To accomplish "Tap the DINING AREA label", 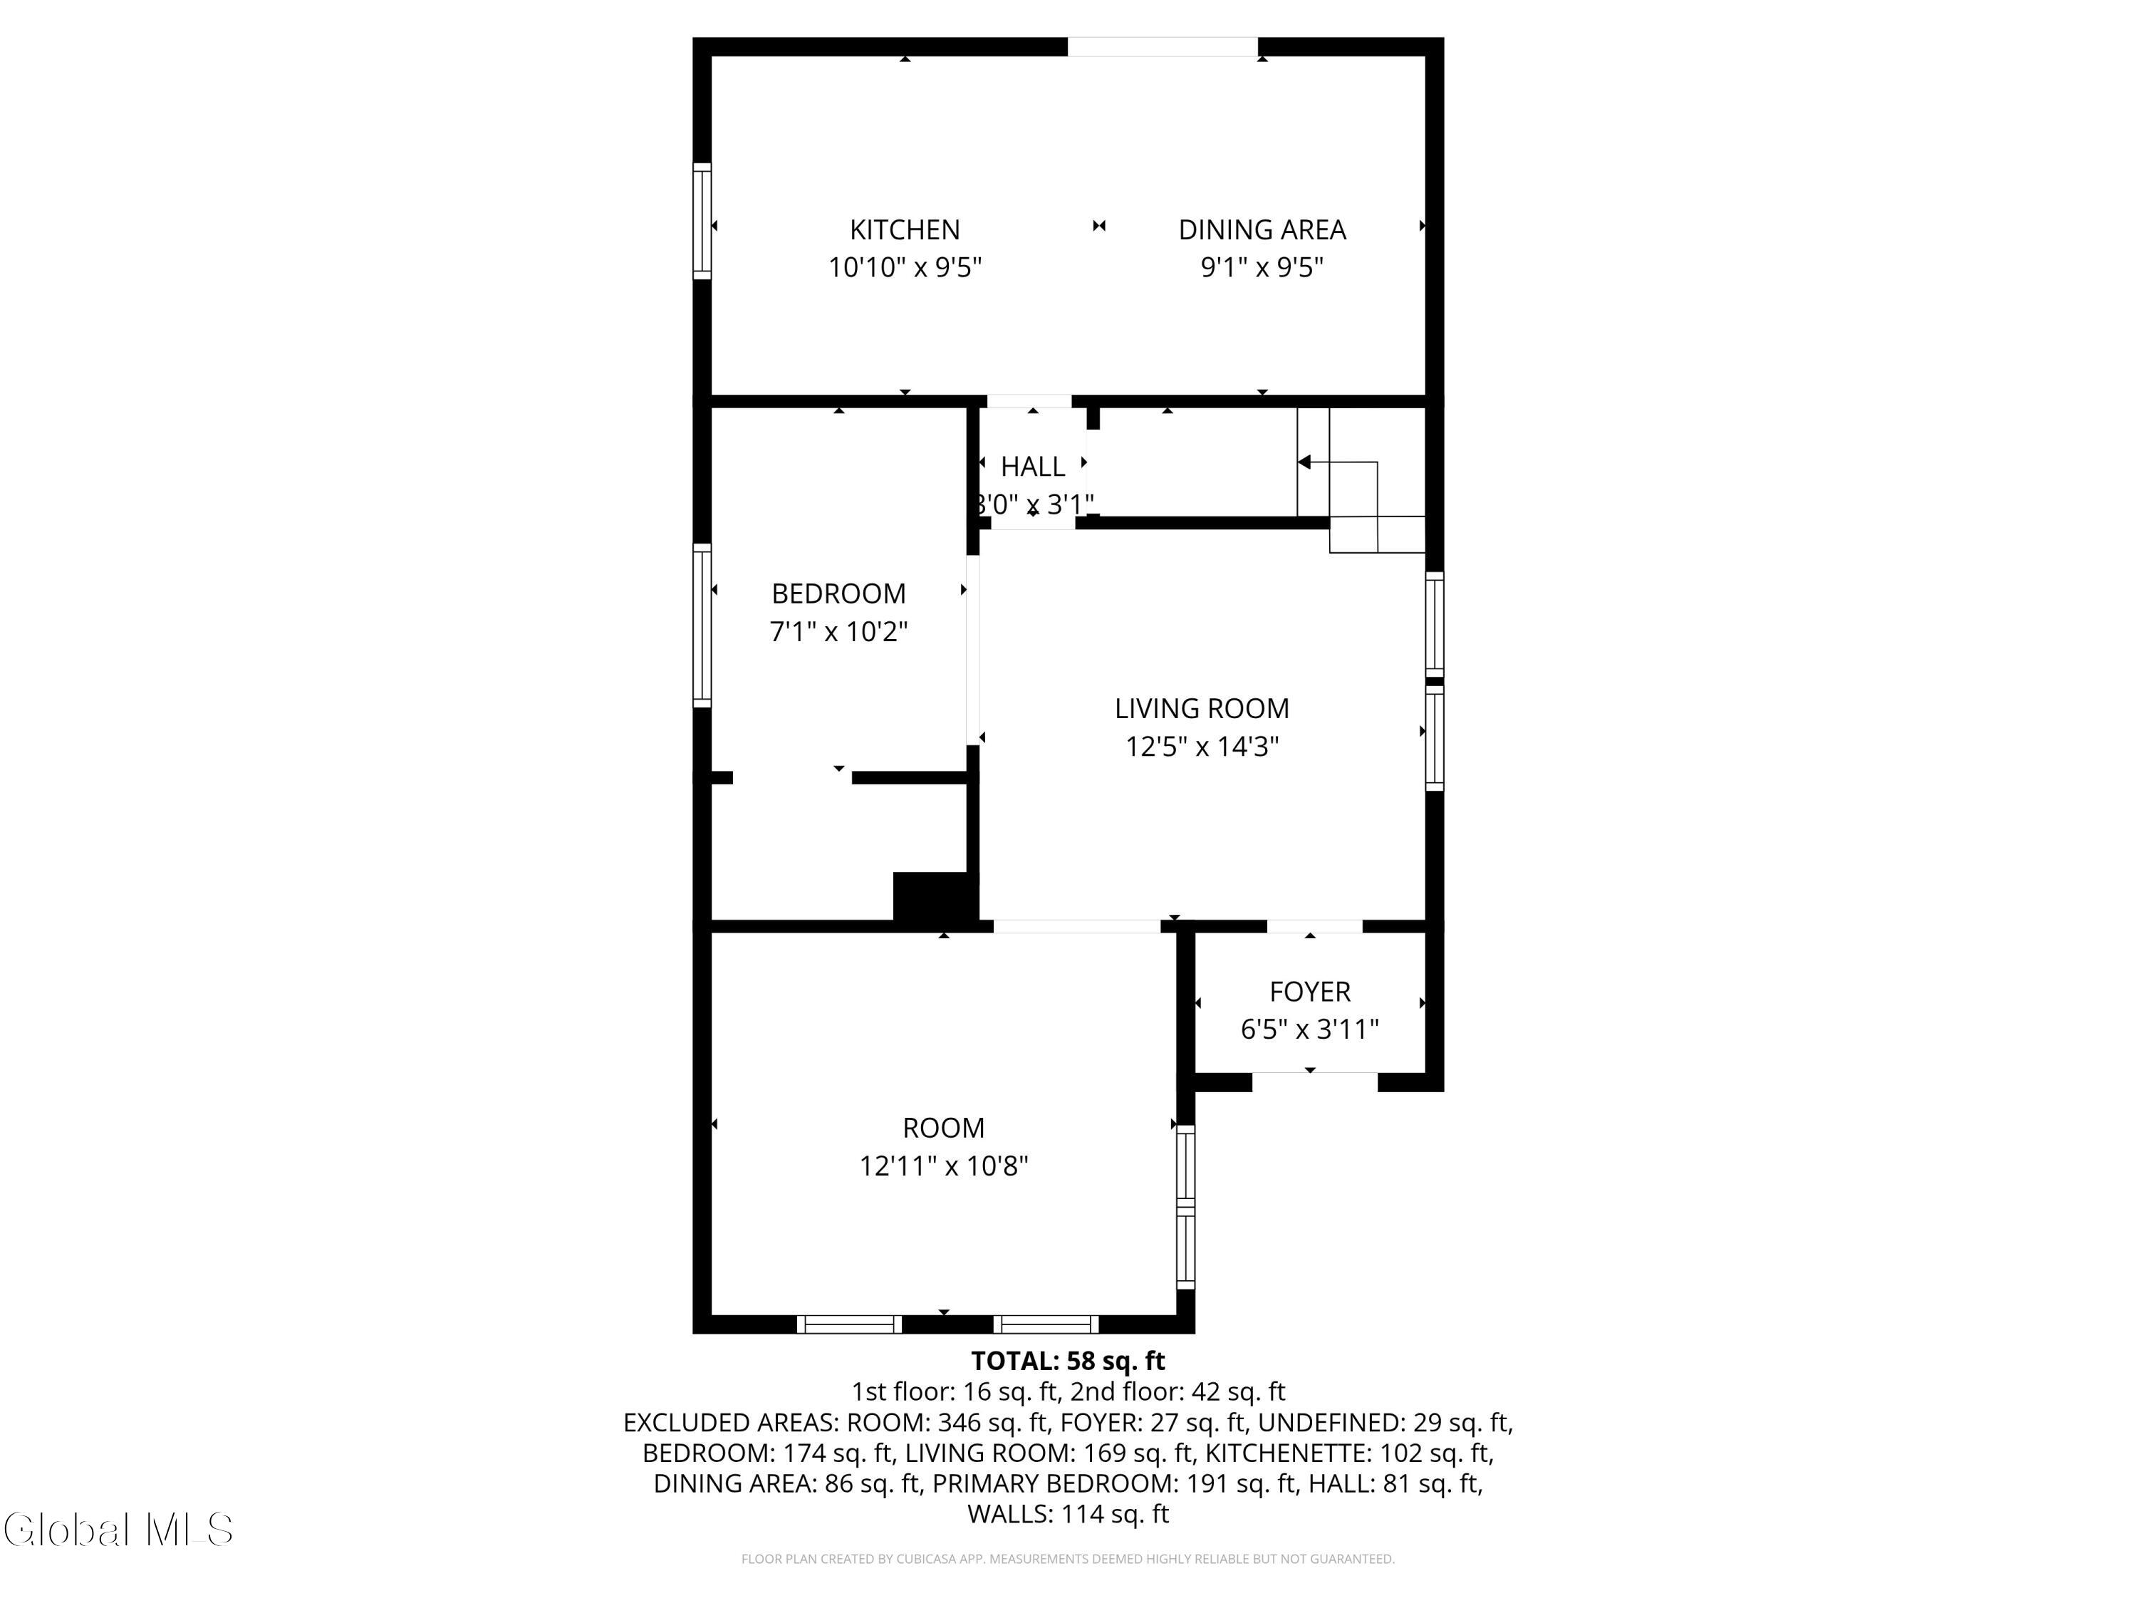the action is click(x=1262, y=230).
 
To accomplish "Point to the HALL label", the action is click(x=1033, y=467).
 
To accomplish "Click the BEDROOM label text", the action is click(x=838, y=593).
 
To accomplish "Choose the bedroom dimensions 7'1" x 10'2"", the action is click(x=838, y=632).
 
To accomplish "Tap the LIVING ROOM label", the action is click(x=1202, y=708).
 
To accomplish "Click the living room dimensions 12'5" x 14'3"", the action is click(x=1202, y=747).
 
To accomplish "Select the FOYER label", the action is click(x=1310, y=992).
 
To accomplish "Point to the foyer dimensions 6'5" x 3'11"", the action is click(x=1310, y=1029).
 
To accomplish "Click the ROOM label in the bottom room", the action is click(x=944, y=1128).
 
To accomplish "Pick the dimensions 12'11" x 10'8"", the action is click(x=944, y=1166).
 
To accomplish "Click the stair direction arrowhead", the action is click(x=1304, y=462).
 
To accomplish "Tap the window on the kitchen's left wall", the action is click(x=702, y=222).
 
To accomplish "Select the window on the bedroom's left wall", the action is click(x=702, y=625).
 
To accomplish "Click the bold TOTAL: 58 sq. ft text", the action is click(x=1068, y=1361).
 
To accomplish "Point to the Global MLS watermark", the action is click(x=118, y=1530).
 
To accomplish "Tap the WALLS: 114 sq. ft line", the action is click(x=1068, y=1514).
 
